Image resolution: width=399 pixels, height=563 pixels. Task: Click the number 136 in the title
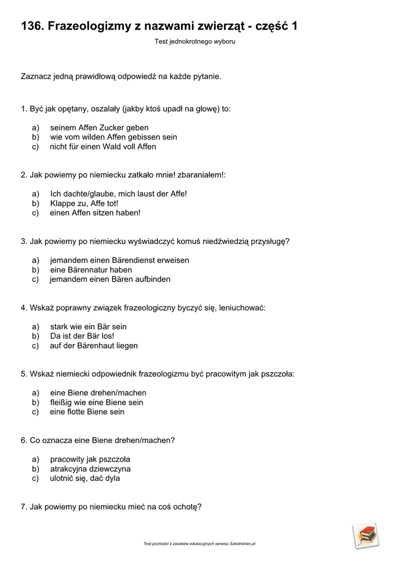click(x=31, y=26)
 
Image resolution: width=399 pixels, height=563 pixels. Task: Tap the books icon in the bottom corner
click(x=365, y=535)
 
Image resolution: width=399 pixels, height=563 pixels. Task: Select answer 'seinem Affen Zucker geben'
click(x=99, y=128)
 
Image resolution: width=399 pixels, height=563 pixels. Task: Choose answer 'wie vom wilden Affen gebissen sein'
click(x=113, y=137)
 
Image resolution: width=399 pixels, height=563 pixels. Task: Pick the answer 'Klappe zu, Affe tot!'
click(x=84, y=203)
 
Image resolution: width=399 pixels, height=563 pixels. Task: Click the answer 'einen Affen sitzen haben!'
click(x=95, y=213)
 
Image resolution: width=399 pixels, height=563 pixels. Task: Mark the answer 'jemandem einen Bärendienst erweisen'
click(x=119, y=260)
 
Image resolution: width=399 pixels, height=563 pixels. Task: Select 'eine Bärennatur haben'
click(x=91, y=269)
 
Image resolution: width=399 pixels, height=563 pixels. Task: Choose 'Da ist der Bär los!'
click(x=82, y=336)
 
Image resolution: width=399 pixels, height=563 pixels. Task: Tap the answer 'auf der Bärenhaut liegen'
click(x=94, y=346)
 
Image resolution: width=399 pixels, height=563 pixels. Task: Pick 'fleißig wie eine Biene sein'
click(x=96, y=402)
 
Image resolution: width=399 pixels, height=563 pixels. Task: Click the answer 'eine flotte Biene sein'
click(x=87, y=412)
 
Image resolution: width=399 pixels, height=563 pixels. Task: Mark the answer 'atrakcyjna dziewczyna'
click(x=90, y=469)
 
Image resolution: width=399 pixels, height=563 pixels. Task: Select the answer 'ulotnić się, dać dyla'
click(x=85, y=478)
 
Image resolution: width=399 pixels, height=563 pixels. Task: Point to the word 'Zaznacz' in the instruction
click(x=36, y=76)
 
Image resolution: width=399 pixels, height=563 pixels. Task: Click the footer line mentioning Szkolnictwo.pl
click(x=199, y=544)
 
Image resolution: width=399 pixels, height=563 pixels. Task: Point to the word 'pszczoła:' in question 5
click(x=277, y=374)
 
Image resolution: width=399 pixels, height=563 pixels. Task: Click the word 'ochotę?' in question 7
click(x=187, y=507)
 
